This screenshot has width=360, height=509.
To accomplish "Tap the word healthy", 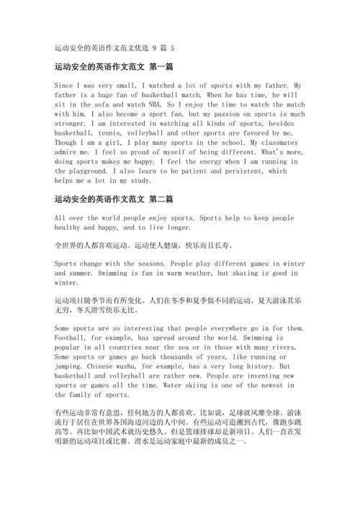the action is (69, 227).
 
